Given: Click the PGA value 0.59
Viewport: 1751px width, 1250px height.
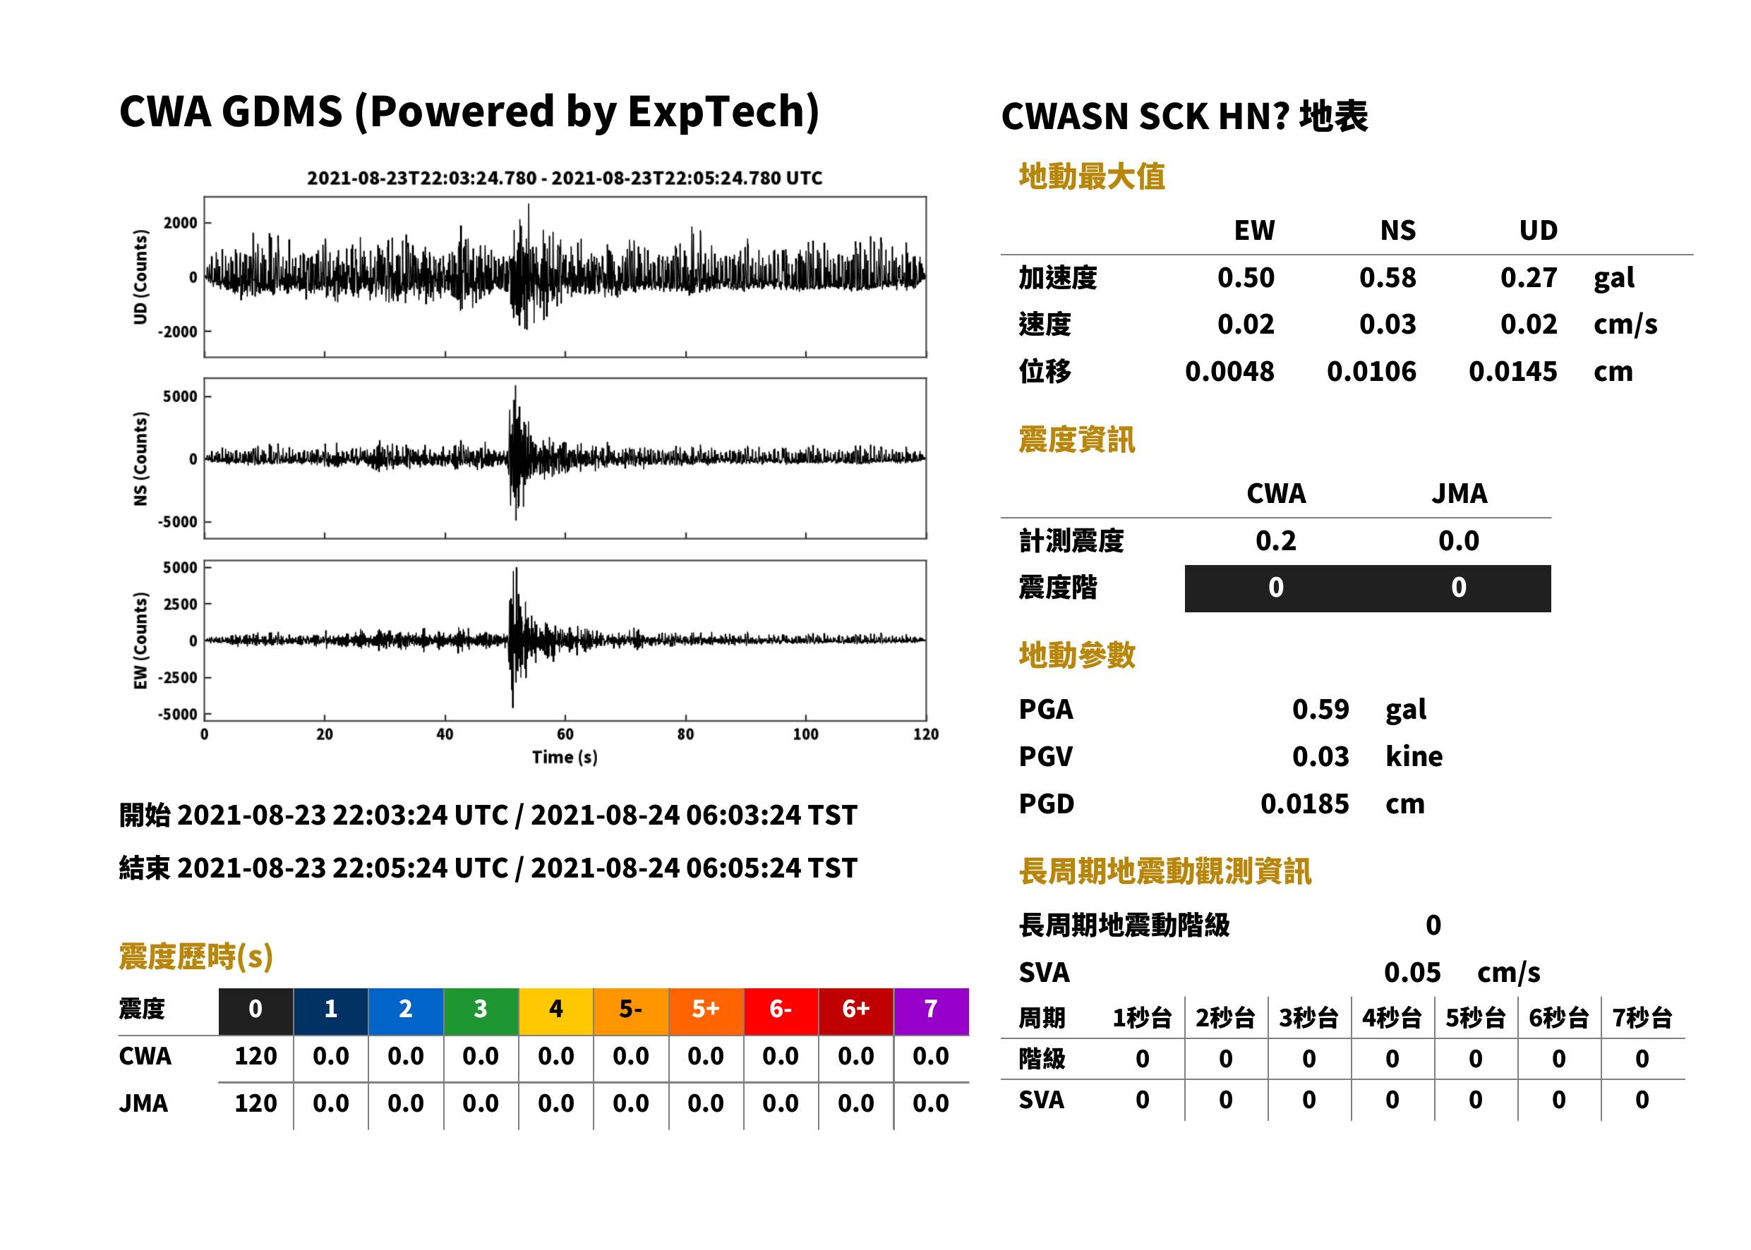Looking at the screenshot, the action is pos(1320,709).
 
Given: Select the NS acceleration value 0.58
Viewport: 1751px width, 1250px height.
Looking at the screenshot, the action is pos(1387,277).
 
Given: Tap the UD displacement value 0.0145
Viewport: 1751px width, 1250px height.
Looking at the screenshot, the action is pos(1512,371).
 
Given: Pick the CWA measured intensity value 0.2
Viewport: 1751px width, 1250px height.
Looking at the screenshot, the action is pos(1275,540).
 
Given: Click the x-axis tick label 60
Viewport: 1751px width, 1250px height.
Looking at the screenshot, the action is pos(565,734).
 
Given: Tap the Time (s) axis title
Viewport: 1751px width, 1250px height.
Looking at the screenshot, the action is pos(565,758).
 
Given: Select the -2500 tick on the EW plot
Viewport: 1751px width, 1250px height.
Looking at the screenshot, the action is pos(178,677).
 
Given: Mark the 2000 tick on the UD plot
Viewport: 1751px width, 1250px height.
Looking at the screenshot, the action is pos(180,223).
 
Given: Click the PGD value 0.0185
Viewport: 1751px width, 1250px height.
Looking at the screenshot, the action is pos(1304,803).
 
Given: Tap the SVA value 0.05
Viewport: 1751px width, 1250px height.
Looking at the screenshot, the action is pos(1412,972).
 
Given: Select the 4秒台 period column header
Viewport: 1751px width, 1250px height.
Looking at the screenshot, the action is pos(1391,1017).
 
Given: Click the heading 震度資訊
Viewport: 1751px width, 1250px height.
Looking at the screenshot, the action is pos(1076,439).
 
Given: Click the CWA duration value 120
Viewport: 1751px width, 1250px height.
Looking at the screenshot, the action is pos(255,1056).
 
